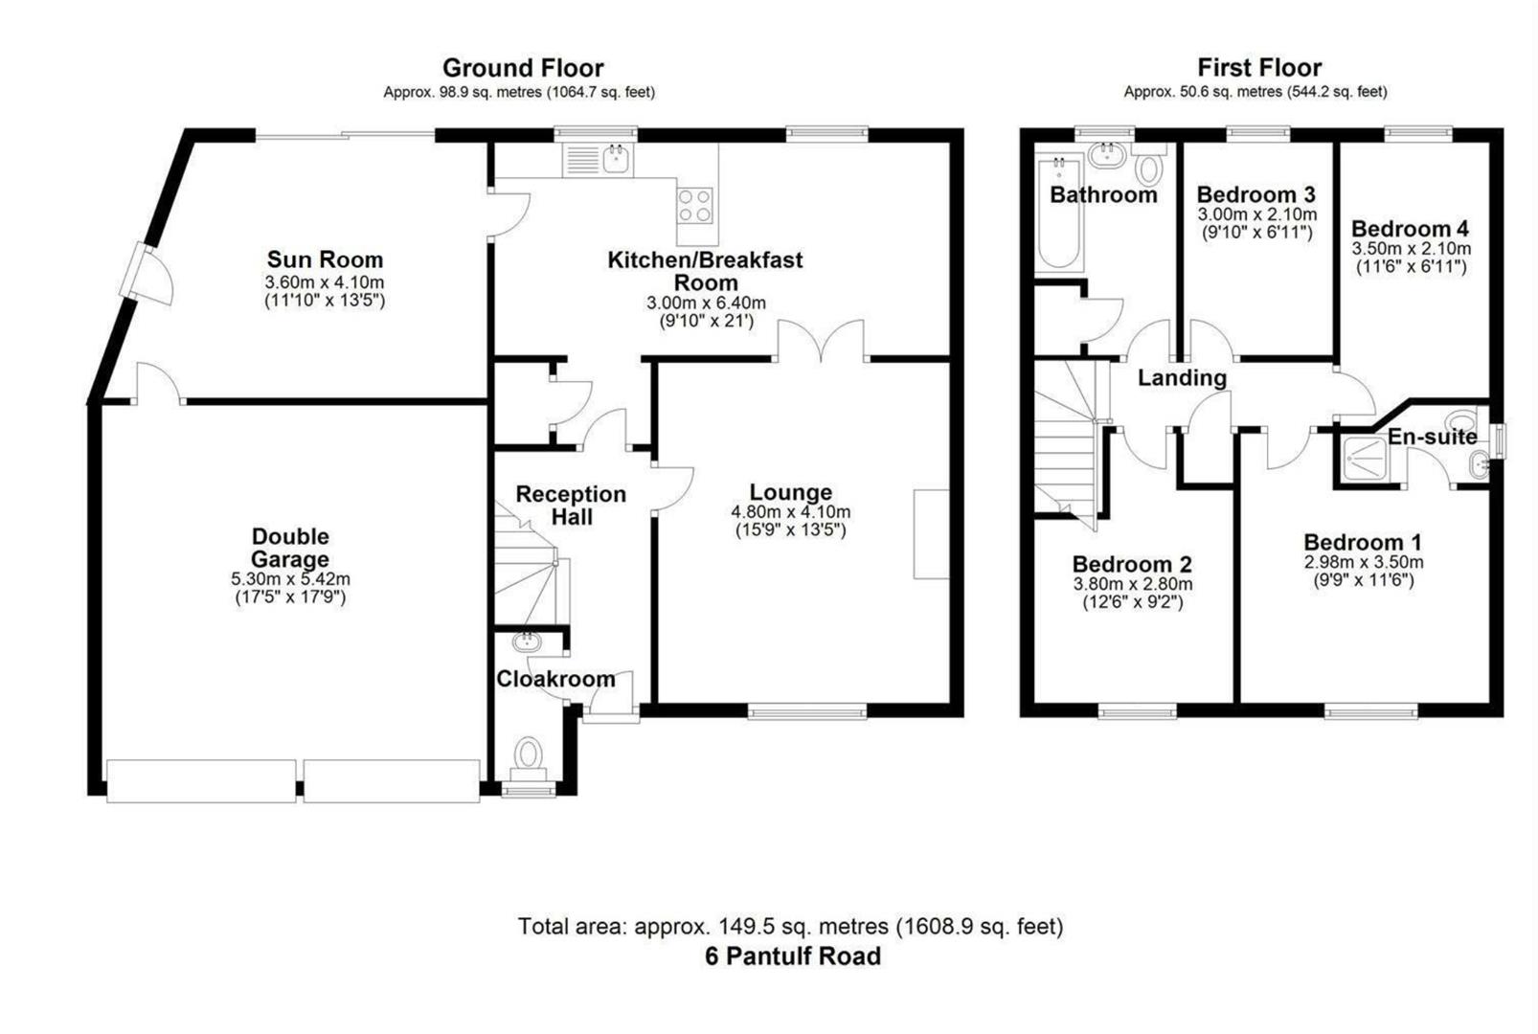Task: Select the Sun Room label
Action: (x=325, y=259)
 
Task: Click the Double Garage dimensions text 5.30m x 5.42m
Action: (x=290, y=579)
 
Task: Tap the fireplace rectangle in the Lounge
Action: (x=931, y=534)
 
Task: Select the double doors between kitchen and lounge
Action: (x=821, y=343)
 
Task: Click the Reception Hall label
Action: (x=571, y=506)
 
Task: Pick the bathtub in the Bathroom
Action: (x=1059, y=214)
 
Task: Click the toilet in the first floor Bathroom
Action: (x=1148, y=167)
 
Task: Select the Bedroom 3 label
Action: (x=1255, y=194)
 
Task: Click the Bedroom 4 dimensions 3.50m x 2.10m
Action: (x=1411, y=249)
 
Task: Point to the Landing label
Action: (x=1182, y=378)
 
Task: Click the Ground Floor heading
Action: (x=523, y=68)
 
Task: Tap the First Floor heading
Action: (x=1259, y=68)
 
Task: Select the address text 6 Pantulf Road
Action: (x=793, y=956)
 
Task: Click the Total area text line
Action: (x=791, y=926)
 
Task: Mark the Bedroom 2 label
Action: (x=1132, y=564)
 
